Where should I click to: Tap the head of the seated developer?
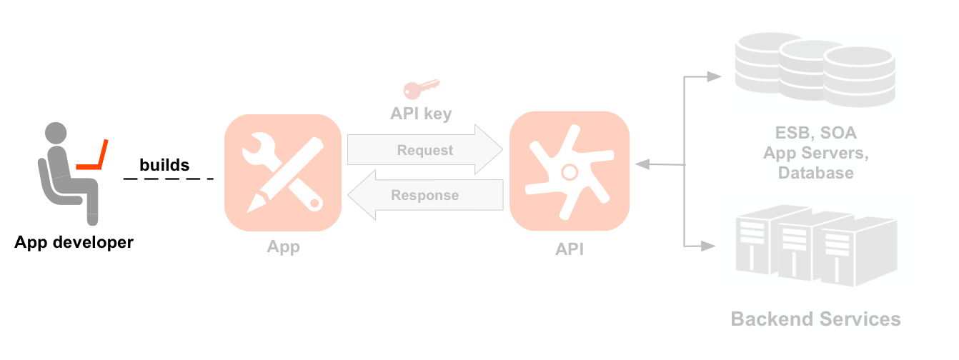(57, 134)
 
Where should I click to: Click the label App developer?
(74, 242)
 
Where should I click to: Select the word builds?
(164, 165)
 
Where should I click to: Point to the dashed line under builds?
(169, 178)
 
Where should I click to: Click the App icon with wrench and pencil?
(283, 172)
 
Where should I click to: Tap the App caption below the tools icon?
(283, 247)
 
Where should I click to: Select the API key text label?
(421, 114)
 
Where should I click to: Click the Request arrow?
(424, 150)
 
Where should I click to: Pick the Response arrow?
(424, 195)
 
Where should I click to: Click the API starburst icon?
(570, 171)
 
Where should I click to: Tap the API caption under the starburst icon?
(570, 249)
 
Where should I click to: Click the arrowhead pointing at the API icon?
(642, 164)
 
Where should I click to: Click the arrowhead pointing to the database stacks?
(713, 76)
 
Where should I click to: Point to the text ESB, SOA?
(815, 133)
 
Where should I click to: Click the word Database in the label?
(815, 173)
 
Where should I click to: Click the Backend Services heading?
(815, 319)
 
